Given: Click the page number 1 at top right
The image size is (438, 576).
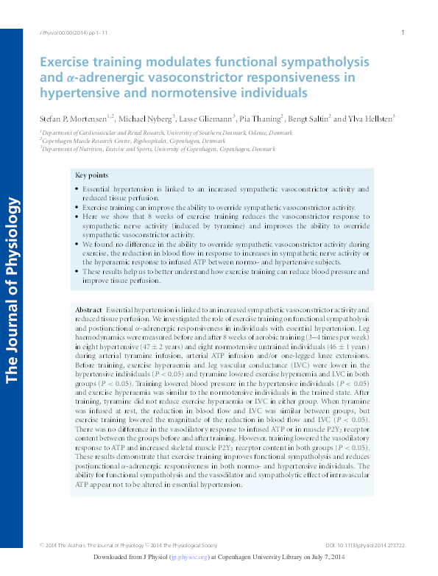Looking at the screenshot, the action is coord(403,32).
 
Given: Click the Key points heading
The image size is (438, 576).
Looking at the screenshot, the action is coord(91,175).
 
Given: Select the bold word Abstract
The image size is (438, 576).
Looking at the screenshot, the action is coord(88,312).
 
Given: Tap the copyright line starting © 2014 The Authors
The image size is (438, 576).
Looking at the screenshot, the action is coord(130,546).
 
